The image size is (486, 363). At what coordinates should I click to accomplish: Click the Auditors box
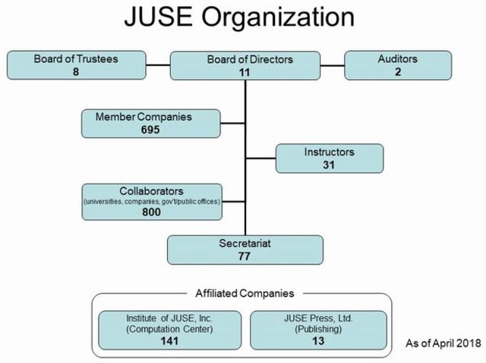coord(398,65)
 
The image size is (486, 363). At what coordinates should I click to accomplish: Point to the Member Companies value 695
coord(153,130)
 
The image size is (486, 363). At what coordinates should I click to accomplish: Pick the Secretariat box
coord(245,250)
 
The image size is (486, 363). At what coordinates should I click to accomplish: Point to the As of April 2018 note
coord(440,342)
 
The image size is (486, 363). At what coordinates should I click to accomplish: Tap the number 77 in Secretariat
coord(245,256)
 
